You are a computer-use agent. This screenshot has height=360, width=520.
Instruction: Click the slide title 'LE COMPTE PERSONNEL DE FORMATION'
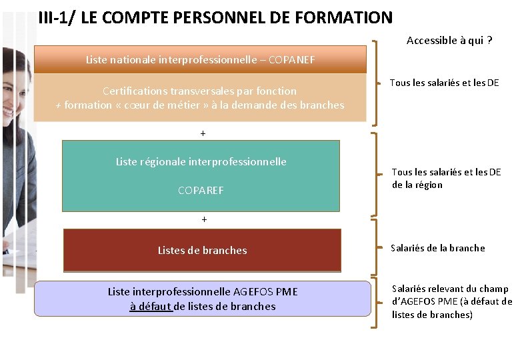pyautogui.click(x=236, y=17)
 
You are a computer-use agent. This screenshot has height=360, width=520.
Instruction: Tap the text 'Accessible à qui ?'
pyautogui.click(x=449, y=41)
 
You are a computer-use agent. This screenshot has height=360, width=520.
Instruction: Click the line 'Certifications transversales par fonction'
pyautogui.click(x=200, y=91)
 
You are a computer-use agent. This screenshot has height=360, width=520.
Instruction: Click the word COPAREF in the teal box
pyautogui.click(x=201, y=191)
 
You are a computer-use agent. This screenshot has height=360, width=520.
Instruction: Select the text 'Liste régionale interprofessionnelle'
pyautogui.click(x=201, y=161)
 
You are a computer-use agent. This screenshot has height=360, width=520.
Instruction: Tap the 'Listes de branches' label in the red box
pyautogui.click(x=202, y=251)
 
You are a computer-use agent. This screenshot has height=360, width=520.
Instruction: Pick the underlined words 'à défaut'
pyautogui.click(x=151, y=307)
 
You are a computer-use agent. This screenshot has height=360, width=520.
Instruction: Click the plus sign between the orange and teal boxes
pyautogui.click(x=203, y=133)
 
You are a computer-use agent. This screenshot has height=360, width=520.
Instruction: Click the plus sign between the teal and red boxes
pyautogui.click(x=204, y=219)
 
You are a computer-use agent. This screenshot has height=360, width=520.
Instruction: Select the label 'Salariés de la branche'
pyautogui.click(x=438, y=248)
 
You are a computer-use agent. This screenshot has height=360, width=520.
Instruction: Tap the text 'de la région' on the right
pyautogui.click(x=417, y=185)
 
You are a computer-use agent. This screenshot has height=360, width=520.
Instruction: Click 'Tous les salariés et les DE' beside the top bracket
pyautogui.click(x=444, y=83)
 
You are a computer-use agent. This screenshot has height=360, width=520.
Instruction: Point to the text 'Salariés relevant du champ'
pyautogui.click(x=450, y=289)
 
